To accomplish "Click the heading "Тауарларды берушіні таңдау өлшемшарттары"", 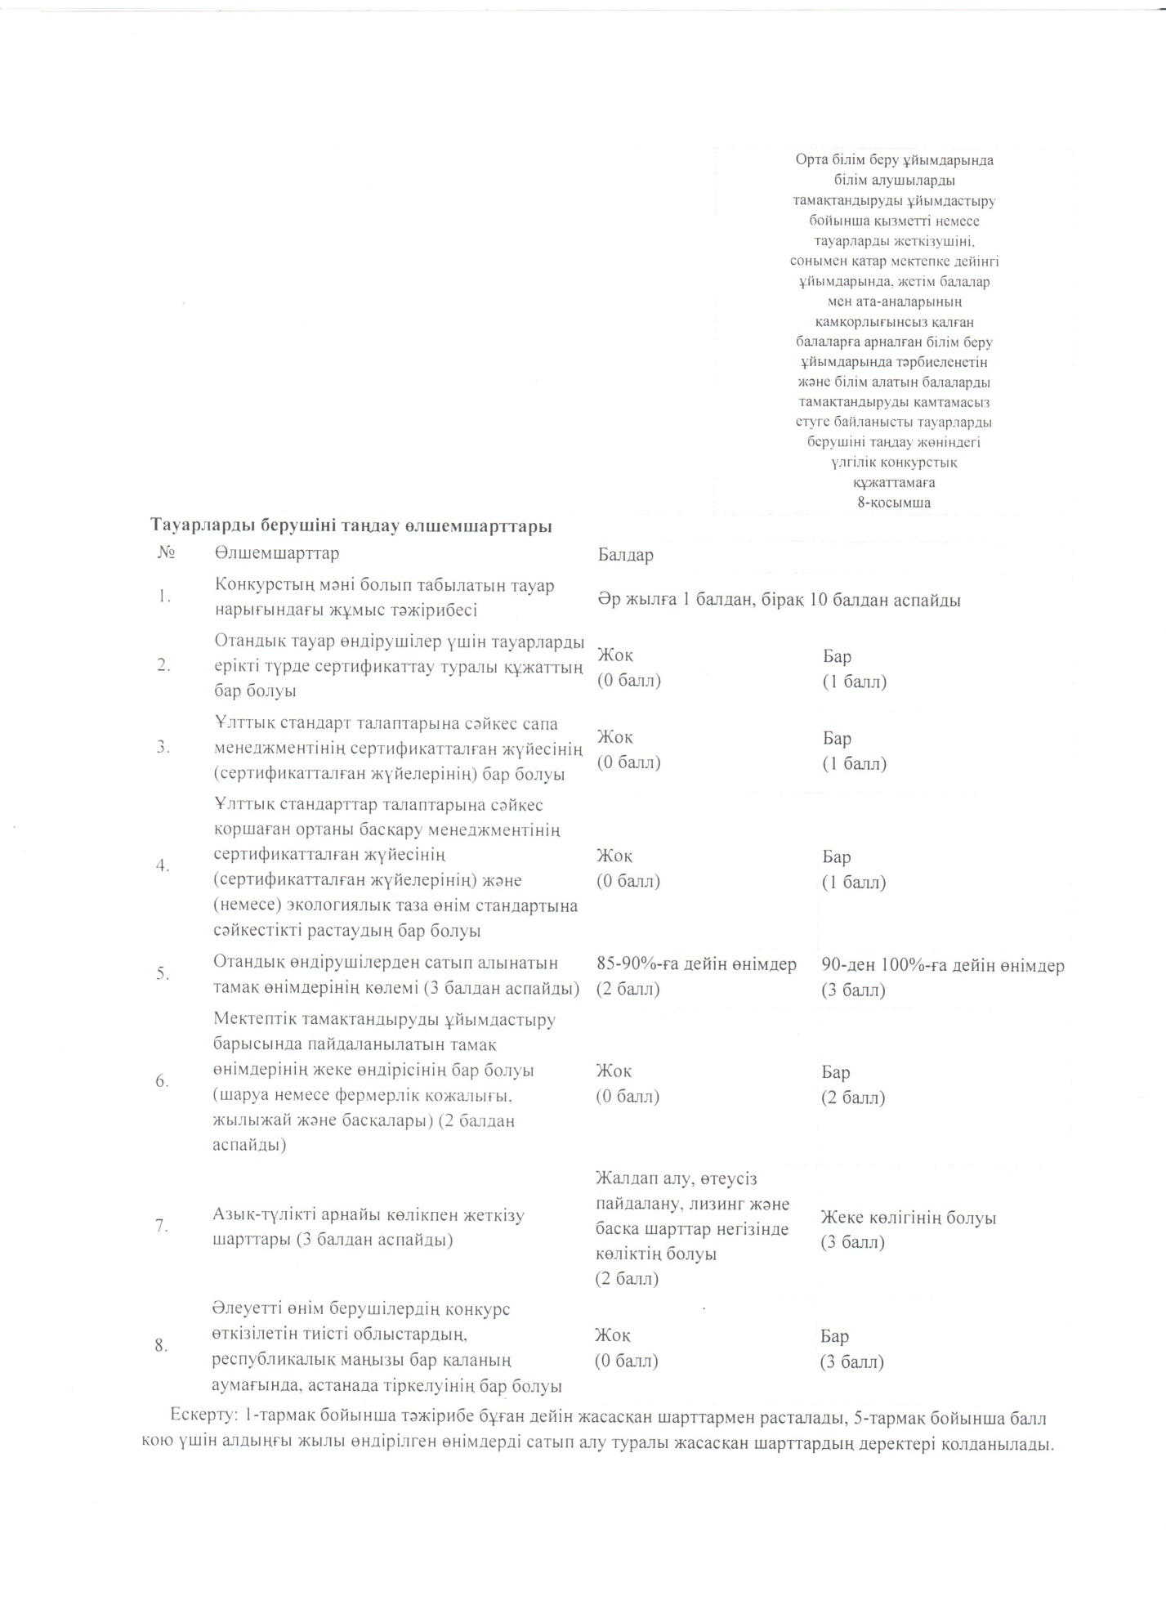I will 351,525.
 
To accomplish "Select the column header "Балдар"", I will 625,555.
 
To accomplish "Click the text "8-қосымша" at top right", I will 894,503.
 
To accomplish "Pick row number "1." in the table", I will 165,597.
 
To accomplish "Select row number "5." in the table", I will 163,973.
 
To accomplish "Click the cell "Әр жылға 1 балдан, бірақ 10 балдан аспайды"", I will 778,600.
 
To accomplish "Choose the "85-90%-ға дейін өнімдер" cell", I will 696,964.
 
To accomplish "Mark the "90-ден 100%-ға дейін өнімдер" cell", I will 943,965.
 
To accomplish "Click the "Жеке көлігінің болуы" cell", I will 908,1218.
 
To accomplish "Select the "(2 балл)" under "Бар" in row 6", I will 853,1098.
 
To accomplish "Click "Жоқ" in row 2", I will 614,655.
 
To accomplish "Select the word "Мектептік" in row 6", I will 257,1020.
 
